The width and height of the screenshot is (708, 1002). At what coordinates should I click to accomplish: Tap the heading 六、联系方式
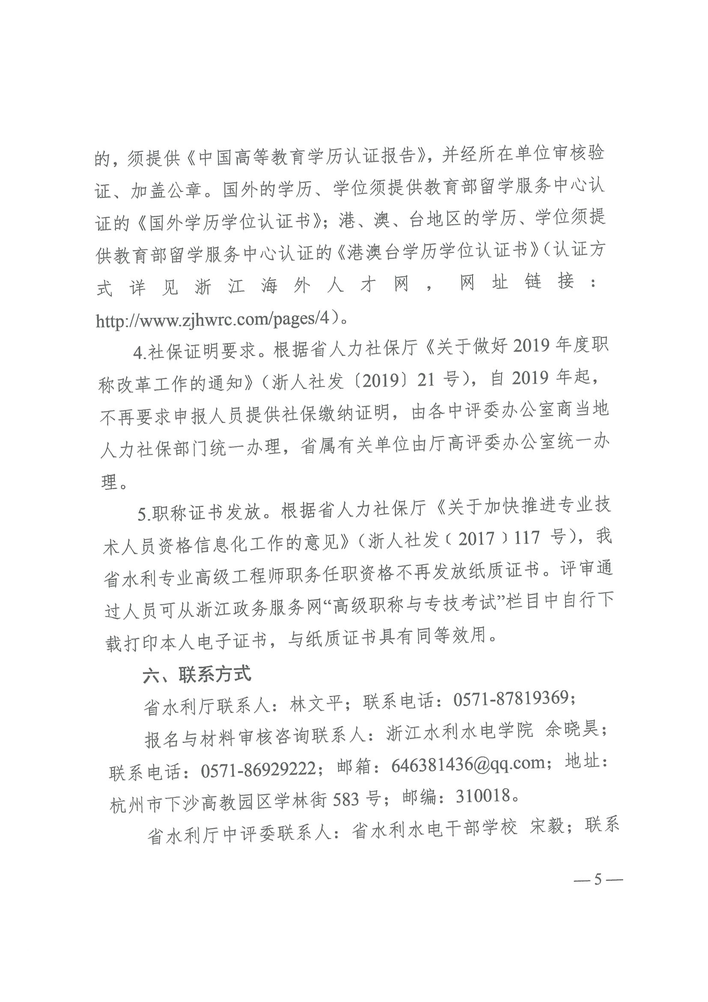pyautogui.click(x=197, y=674)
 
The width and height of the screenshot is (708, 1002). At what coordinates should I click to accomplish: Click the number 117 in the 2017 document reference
pyautogui.click(x=527, y=538)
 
